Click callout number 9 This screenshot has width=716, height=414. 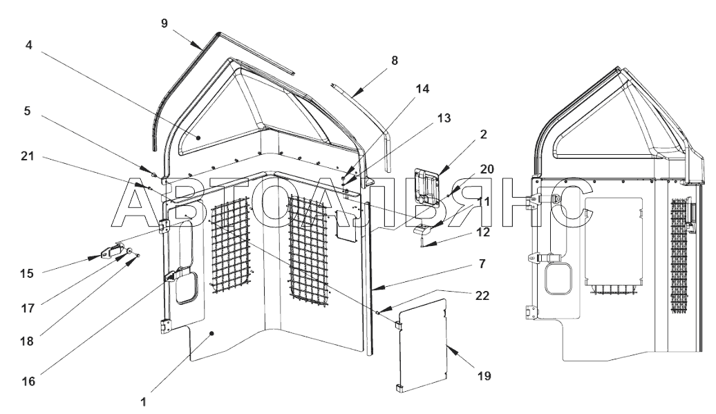tap(165, 23)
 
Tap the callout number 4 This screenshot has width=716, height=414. tap(29, 45)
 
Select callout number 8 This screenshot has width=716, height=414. tap(395, 60)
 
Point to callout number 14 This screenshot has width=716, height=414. tap(422, 88)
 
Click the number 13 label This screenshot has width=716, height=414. tap(444, 118)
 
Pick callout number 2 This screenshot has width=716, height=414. tap(483, 134)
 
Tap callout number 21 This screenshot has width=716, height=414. tap(28, 156)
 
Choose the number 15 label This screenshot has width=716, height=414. tap(27, 274)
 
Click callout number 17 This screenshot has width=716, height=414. tap(28, 308)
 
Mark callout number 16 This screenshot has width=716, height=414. tap(28, 381)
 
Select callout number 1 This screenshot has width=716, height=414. tap(143, 402)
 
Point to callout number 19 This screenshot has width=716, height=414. tap(484, 376)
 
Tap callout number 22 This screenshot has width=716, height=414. tap(482, 296)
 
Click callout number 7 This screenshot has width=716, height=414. tap(482, 264)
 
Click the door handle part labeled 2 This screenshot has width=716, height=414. tap(426, 187)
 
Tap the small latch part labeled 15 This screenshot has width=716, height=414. tap(112, 252)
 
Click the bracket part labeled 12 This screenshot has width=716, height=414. tap(423, 236)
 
